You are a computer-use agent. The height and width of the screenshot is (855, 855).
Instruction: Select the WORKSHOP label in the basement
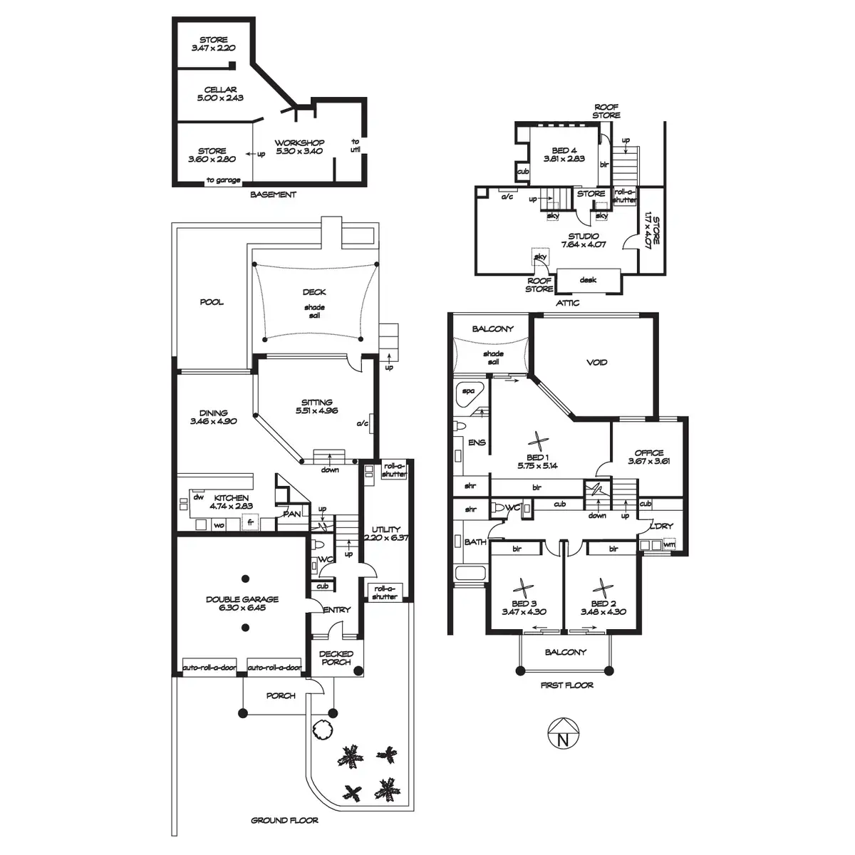299,143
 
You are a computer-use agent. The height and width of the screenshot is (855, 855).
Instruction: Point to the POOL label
211,302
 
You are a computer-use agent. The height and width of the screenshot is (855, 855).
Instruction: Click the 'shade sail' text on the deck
314,311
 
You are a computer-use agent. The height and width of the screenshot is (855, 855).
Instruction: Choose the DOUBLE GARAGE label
242,600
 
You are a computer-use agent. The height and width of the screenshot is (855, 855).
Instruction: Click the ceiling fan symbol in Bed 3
524,588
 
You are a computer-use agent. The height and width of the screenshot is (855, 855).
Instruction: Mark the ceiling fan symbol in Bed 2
603,588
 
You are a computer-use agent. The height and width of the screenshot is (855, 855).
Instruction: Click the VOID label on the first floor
596,363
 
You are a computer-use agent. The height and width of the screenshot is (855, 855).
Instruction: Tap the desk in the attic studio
588,280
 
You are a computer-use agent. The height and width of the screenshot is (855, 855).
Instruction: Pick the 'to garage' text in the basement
223,180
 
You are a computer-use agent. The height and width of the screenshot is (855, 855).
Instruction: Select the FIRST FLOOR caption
567,685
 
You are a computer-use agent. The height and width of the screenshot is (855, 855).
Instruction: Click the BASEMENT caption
274,195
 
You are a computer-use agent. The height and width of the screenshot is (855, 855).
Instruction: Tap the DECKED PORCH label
336,658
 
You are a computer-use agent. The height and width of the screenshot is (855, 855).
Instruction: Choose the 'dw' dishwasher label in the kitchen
198,497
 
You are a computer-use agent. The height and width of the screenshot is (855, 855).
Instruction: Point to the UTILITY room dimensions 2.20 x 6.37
385,538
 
